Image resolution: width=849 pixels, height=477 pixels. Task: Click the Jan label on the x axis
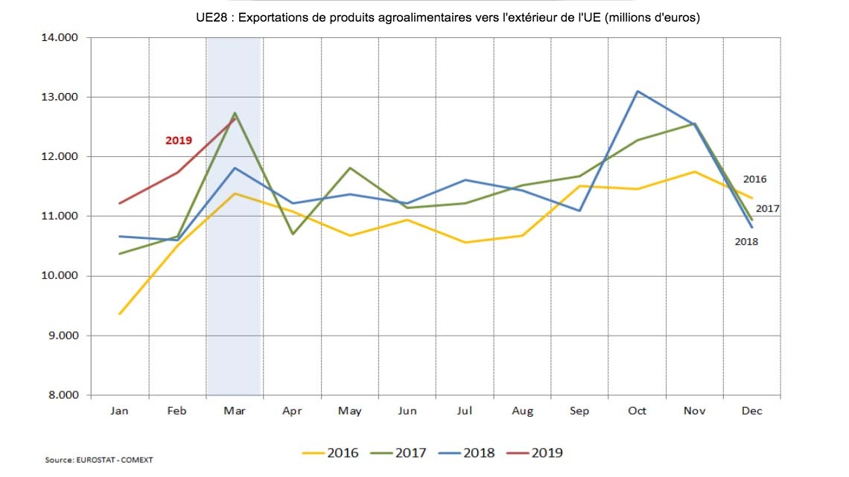120,411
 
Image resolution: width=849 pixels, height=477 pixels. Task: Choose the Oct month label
637,411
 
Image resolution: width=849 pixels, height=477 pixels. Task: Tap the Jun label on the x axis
407,411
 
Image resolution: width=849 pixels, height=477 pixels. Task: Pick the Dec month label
752,411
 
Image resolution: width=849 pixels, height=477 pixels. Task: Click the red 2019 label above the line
179,140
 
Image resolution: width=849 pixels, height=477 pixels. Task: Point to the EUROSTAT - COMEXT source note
99,460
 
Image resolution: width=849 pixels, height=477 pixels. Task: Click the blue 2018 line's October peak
637,92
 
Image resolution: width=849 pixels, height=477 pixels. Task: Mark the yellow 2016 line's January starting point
120,314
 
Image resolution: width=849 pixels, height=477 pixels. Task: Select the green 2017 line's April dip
293,234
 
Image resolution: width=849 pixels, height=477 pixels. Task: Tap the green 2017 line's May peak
350,168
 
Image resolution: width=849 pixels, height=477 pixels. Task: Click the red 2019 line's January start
120,203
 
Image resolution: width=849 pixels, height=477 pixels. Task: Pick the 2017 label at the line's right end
767,208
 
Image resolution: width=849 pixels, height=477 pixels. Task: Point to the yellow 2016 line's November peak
695,172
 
